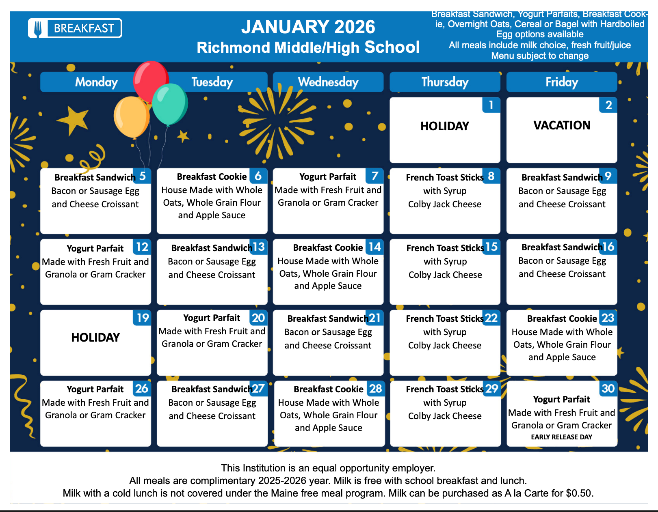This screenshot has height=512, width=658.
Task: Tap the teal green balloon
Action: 170,104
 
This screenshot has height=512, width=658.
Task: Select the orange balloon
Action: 131,117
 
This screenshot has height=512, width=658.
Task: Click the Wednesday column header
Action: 328,82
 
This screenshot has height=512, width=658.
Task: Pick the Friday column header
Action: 562,82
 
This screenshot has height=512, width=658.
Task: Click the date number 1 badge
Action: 491,105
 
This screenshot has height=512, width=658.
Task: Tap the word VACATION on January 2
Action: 562,125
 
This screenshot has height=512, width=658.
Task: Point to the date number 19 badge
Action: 143,318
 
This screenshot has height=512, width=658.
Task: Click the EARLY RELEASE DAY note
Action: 561,437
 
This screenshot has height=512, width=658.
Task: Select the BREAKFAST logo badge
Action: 75,28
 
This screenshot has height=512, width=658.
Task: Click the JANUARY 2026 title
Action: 308,27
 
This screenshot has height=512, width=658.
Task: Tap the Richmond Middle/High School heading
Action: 308,47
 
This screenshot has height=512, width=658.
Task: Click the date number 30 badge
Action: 608,389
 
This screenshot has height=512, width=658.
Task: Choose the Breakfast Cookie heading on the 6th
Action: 212,177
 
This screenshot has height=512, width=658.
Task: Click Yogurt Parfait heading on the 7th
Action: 328,177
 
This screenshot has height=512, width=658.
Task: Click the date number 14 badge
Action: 374,247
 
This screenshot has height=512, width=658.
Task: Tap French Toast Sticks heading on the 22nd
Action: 444,319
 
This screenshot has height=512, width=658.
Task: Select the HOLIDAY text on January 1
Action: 445,126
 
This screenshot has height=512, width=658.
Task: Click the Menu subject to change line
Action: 540,56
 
